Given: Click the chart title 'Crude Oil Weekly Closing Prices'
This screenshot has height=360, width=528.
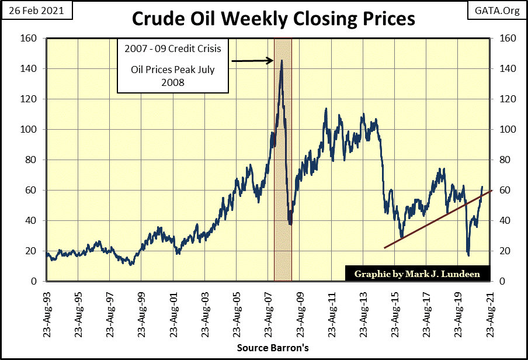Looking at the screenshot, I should [273, 18].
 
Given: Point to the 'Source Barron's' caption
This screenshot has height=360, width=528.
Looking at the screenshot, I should [272, 348].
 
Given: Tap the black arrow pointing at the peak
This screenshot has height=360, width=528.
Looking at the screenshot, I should [252, 60].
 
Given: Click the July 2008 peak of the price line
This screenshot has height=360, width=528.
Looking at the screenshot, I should [282, 60].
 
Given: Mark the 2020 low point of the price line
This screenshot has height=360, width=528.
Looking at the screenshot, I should [468, 255].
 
